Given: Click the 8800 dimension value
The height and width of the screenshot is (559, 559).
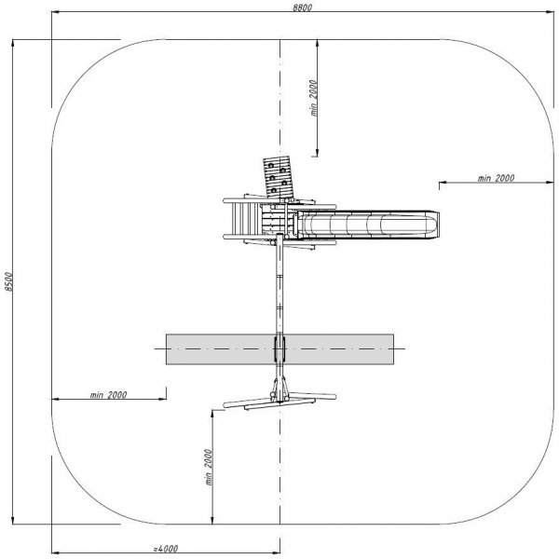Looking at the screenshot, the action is click(x=302, y=7).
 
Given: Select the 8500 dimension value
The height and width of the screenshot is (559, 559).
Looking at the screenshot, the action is click(x=8, y=281).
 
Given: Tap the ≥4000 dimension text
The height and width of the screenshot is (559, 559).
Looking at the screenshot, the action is click(x=166, y=549).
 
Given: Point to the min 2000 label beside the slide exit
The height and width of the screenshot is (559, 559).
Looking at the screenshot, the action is click(x=496, y=178).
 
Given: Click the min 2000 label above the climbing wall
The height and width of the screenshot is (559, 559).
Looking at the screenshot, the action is click(x=313, y=98).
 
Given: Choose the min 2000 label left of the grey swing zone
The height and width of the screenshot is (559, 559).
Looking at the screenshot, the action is click(x=108, y=395).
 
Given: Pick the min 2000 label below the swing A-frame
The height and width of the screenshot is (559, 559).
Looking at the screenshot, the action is click(x=209, y=467).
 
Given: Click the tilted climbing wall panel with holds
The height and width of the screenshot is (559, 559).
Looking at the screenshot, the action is click(x=279, y=177).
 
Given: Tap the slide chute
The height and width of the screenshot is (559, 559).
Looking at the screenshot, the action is click(x=367, y=225).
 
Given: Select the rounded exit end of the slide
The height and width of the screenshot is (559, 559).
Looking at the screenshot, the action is click(x=433, y=225).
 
